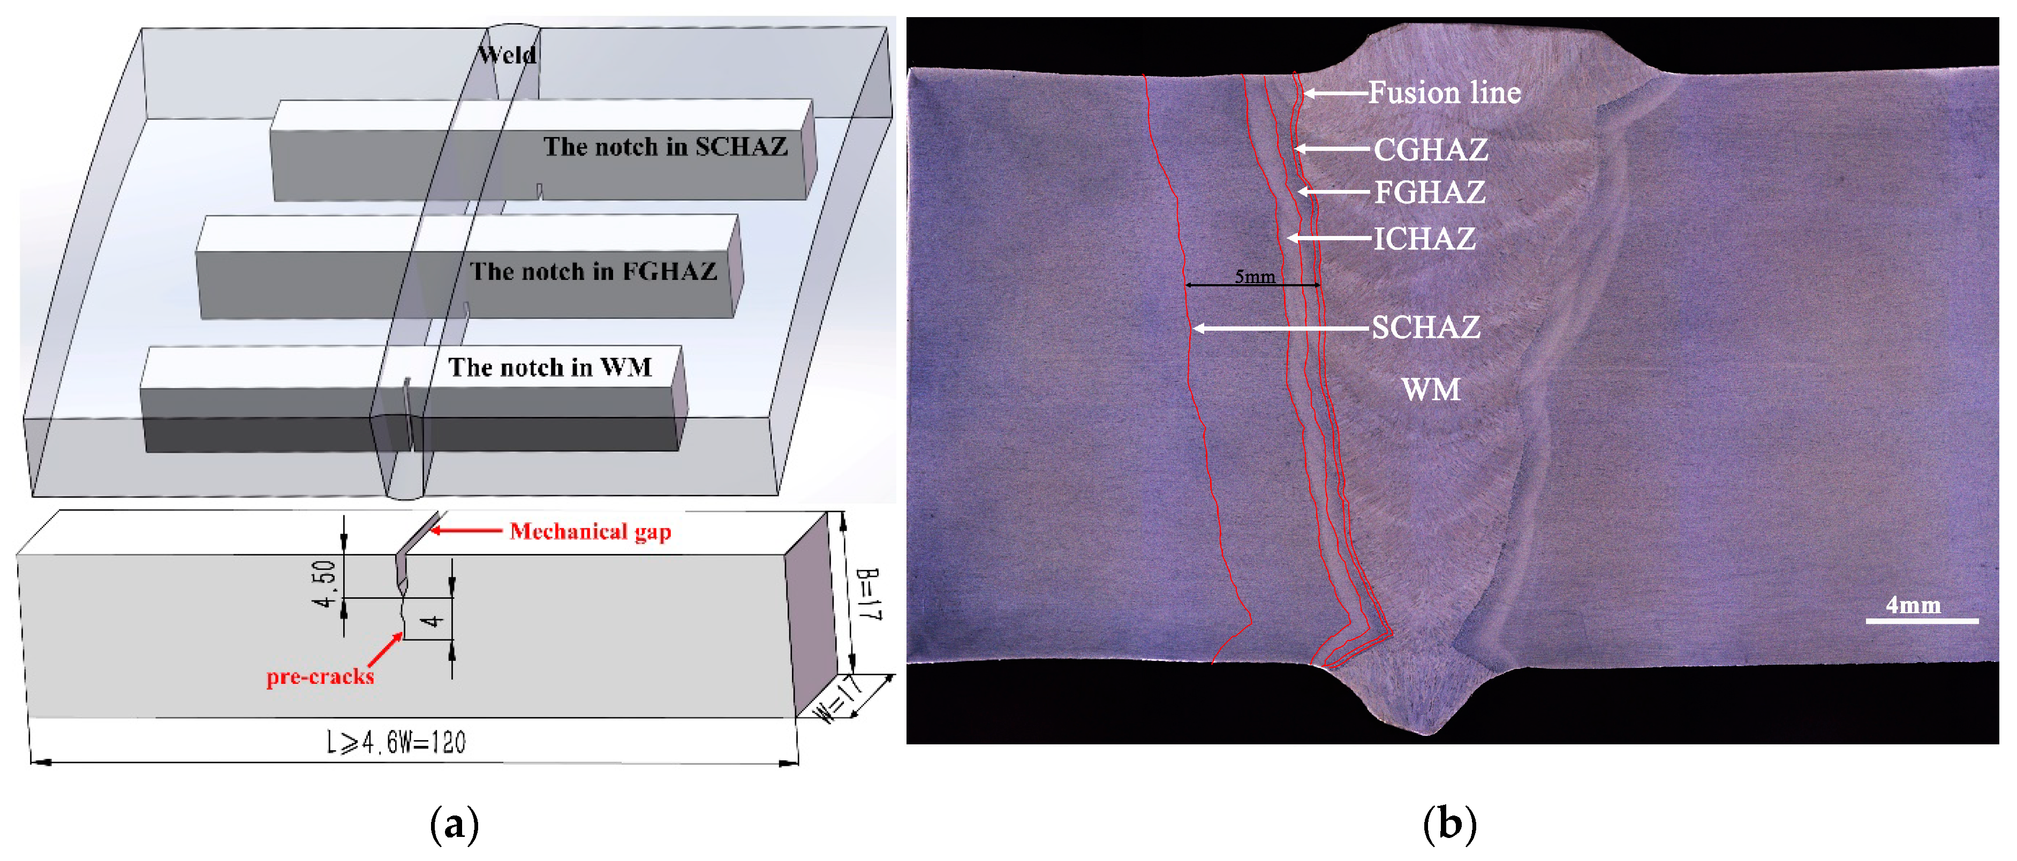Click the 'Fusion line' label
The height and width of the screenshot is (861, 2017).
[x=1444, y=93]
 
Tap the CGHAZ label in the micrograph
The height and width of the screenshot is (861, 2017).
[x=1431, y=149]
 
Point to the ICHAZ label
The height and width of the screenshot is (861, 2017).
[x=1424, y=239]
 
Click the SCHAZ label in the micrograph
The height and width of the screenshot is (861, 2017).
[x=1425, y=327]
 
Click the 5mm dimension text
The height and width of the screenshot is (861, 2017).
[x=1255, y=276]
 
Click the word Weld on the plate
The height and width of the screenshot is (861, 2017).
[x=508, y=55]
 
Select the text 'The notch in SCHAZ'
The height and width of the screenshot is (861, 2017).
[x=665, y=147]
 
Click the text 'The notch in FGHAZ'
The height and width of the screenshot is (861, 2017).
[x=593, y=272]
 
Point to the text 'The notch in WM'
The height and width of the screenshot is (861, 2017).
[x=550, y=367]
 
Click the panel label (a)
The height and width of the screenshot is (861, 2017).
[x=454, y=824]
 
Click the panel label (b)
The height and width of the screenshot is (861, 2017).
[x=1449, y=824]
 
